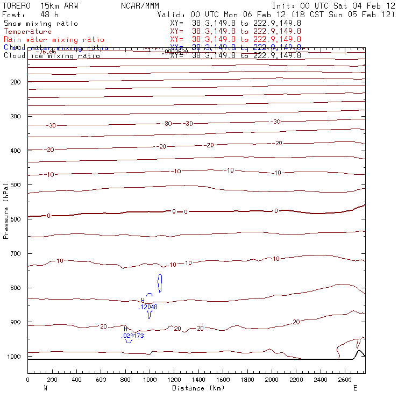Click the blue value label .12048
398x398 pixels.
[148, 307]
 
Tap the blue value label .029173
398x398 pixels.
[132, 336]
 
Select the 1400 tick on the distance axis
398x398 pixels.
[198, 380]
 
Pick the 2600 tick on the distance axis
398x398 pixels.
[345, 380]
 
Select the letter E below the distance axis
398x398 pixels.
[355, 388]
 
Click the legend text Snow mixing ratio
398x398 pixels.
[40, 24]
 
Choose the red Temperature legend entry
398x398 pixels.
[27, 32]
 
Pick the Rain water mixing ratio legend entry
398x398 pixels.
[54, 40]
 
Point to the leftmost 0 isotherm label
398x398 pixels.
[48, 216]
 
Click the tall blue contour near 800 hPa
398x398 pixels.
[160, 283]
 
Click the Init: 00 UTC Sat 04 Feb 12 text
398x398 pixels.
[333, 5]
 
